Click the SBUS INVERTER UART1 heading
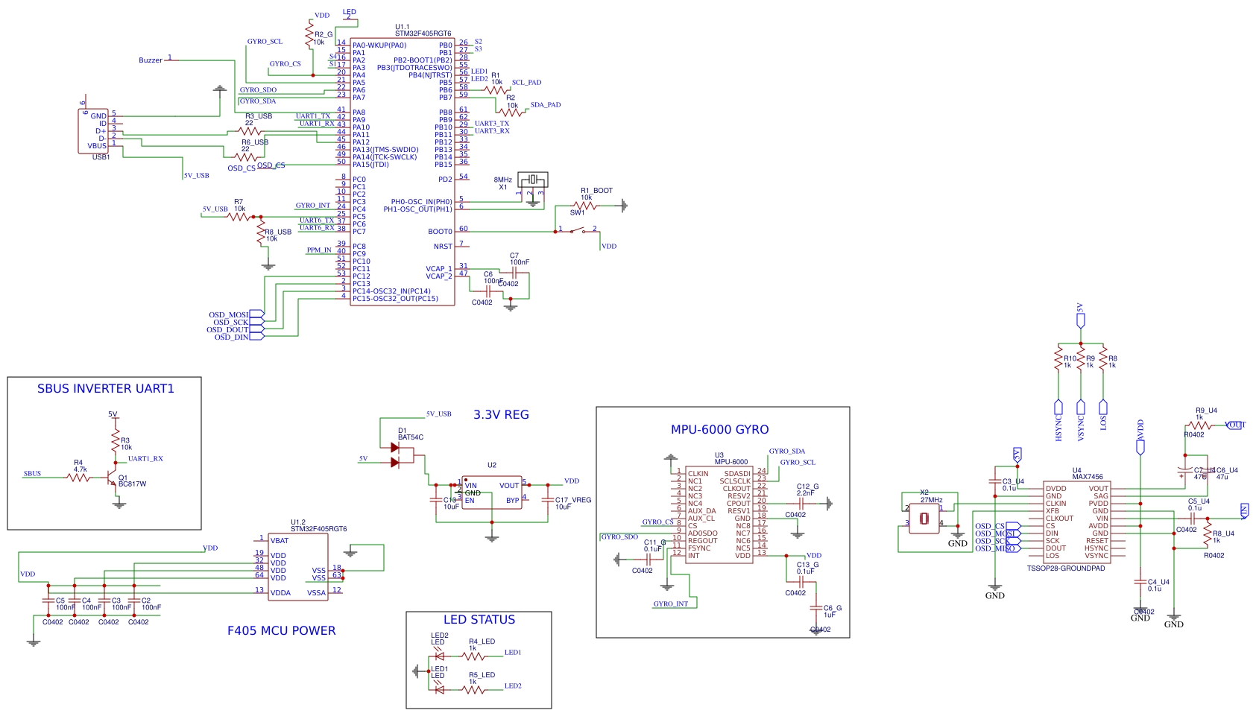pos(105,389)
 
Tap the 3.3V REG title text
pos(501,415)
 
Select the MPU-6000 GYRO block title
pos(719,430)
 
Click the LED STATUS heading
pos(479,620)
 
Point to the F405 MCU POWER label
pos(281,631)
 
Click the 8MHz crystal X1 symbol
pos(532,180)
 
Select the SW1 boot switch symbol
pos(577,230)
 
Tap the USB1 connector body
pos(93,131)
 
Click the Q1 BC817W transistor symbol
pos(111,477)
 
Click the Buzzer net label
pos(151,60)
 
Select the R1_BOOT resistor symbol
pos(586,206)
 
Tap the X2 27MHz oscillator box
pos(924,518)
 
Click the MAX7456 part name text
pos(1088,477)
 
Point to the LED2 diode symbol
pos(439,656)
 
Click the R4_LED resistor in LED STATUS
pos(473,656)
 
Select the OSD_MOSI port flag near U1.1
pos(256,314)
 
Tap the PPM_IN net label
pos(318,250)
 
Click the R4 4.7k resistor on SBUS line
pos(78,477)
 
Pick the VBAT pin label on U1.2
pos(280,541)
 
